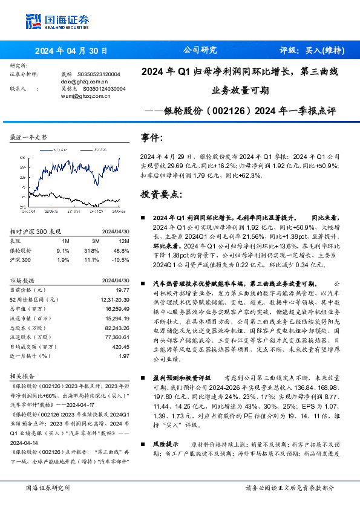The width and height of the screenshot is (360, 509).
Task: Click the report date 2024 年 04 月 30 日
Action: [x=70, y=50]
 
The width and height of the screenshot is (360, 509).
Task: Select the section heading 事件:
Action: [x=151, y=138]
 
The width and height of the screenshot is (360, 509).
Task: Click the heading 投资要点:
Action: [x=160, y=195]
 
